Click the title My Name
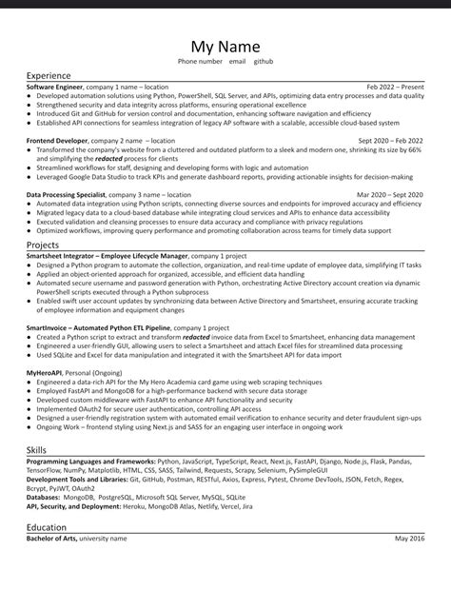225,47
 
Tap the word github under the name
264,61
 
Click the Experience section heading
49,74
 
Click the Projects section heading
44,245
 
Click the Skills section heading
36,447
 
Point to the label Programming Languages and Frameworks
91,460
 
